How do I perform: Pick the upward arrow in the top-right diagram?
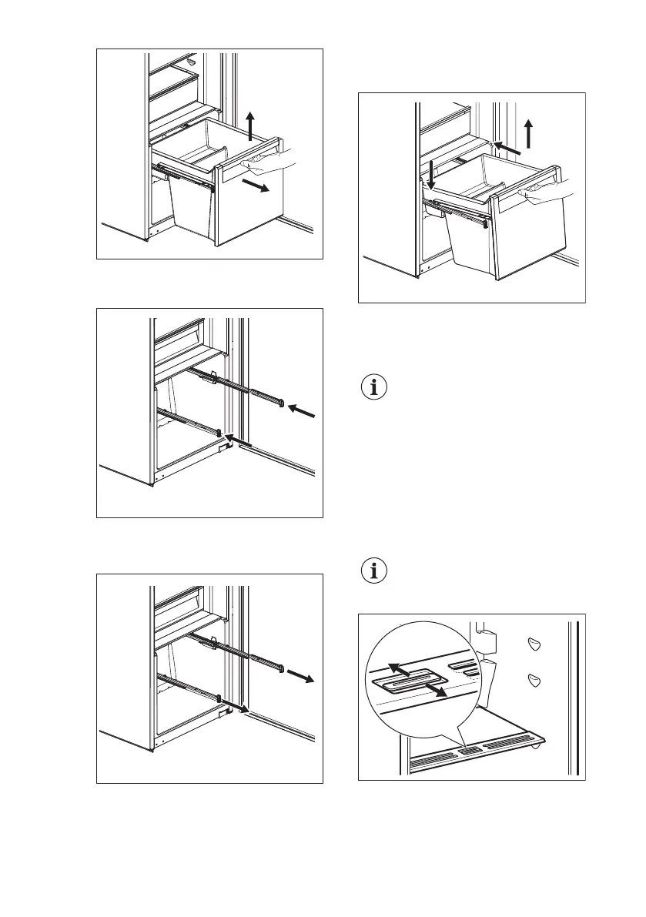528,134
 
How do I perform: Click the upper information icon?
375,387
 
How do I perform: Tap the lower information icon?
375,571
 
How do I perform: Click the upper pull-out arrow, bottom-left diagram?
300,676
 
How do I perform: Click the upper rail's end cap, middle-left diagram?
284,401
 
